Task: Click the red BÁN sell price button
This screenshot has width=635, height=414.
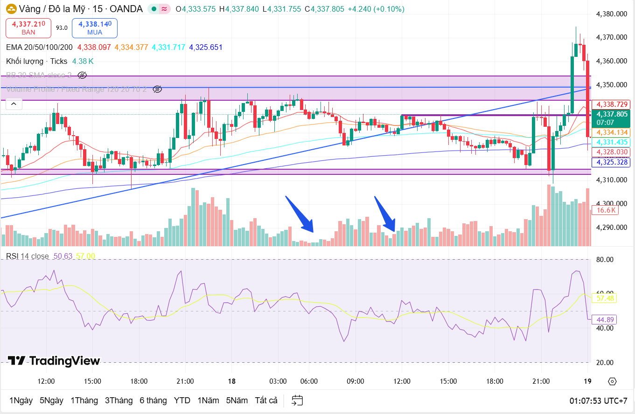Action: [28, 28]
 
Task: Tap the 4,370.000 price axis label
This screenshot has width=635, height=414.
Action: [611, 37]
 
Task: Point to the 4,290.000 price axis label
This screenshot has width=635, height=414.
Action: [611, 228]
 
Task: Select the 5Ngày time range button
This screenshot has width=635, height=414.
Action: [51, 400]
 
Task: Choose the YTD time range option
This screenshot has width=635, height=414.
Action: [182, 400]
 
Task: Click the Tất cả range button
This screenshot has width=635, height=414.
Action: [266, 400]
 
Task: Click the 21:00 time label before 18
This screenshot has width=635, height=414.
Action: [185, 381]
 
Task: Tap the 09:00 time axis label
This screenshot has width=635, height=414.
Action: [355, 381]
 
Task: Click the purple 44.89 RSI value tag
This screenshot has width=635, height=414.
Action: [605, 319]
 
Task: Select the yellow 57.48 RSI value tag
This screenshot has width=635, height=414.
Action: [605, 297]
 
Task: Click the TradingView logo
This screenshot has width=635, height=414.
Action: [54, 361]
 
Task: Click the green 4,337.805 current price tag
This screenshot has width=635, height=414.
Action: [611, 117]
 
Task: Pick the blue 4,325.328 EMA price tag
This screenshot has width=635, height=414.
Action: [611, 162]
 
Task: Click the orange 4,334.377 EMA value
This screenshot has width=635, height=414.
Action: [131, 47]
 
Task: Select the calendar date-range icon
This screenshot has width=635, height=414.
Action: [297, 400]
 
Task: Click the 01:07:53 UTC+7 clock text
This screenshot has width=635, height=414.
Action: [598, 401]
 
